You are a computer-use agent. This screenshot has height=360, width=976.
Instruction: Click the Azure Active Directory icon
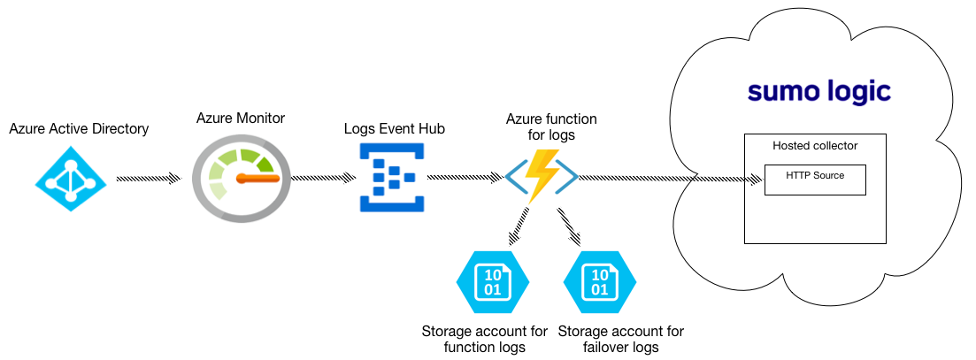pyautogui.click(x=70, y=180)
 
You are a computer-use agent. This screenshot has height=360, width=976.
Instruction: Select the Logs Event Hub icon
pyautogui.click(x=391, y=180)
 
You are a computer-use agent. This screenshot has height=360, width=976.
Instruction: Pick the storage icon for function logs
pyautogui.click(x=492, y=282)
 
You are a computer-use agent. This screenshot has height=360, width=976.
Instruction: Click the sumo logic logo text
pyautogui.click(x=818, y=92)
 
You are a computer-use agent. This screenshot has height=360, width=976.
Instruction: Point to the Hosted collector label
pyautogui.click(x=815, y=145)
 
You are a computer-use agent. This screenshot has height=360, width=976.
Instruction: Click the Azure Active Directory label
pyautogui.click(x=79, y=129)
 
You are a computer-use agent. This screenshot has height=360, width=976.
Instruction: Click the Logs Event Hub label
pyautogui.click(x=394, y=129)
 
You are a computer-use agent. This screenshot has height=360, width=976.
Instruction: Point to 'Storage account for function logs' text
pyautogui.click(x=484, y=339)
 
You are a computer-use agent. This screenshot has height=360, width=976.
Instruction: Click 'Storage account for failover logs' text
pyautogui.click(x=621, y=339)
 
